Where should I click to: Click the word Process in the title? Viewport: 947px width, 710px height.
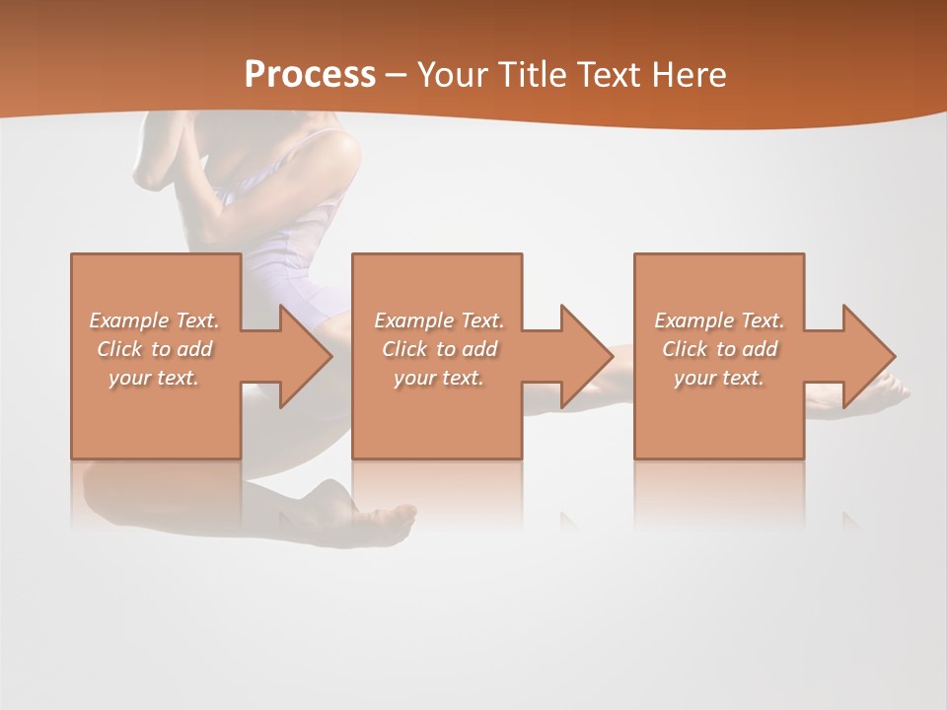[310, 74]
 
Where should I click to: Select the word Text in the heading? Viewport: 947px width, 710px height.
[606, 74]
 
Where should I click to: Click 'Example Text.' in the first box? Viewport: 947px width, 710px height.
[155, 320]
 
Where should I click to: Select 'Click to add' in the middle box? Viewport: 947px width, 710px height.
[439, 349]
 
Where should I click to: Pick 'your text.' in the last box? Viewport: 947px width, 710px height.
[719, 378]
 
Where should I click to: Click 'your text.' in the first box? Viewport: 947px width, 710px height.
[155, 378]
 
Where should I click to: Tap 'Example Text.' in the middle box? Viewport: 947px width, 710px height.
[439, 320]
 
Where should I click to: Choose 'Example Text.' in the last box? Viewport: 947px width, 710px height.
[719, 320]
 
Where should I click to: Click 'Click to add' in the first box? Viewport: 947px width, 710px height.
[155, 349]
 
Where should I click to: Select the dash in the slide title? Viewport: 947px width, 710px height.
[397, 76]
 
